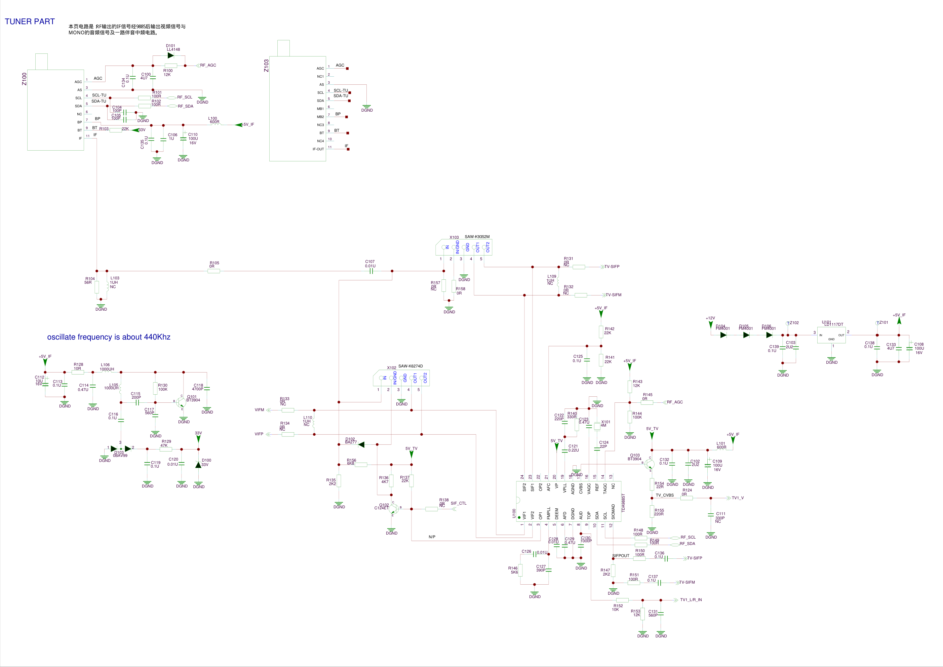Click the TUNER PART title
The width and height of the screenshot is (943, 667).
30,22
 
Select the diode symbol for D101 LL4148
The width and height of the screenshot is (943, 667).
170,55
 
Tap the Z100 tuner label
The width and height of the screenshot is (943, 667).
24,79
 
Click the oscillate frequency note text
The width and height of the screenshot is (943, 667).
109,337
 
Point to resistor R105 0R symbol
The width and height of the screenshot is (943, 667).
213,271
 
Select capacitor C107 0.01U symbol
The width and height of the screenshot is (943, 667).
370,271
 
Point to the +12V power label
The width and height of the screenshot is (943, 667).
710,318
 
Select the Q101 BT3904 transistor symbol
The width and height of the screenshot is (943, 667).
181,402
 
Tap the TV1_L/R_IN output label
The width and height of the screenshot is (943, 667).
691,600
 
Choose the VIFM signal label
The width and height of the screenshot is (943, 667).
259,410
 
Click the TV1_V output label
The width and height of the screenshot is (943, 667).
738,498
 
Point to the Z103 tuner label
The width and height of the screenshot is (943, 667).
266,66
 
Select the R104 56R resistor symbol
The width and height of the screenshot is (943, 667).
97,287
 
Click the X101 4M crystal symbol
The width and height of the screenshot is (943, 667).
597,427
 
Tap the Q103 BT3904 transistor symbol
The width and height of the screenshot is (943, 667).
649,464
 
